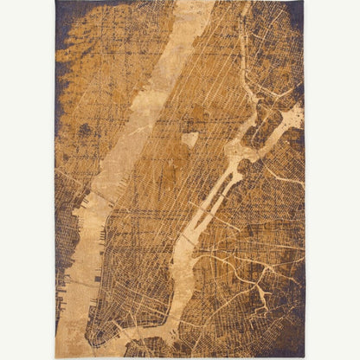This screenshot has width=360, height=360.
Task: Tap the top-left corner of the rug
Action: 55,3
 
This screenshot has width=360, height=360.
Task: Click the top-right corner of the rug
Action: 304,3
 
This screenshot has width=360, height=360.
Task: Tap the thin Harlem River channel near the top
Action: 243,52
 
